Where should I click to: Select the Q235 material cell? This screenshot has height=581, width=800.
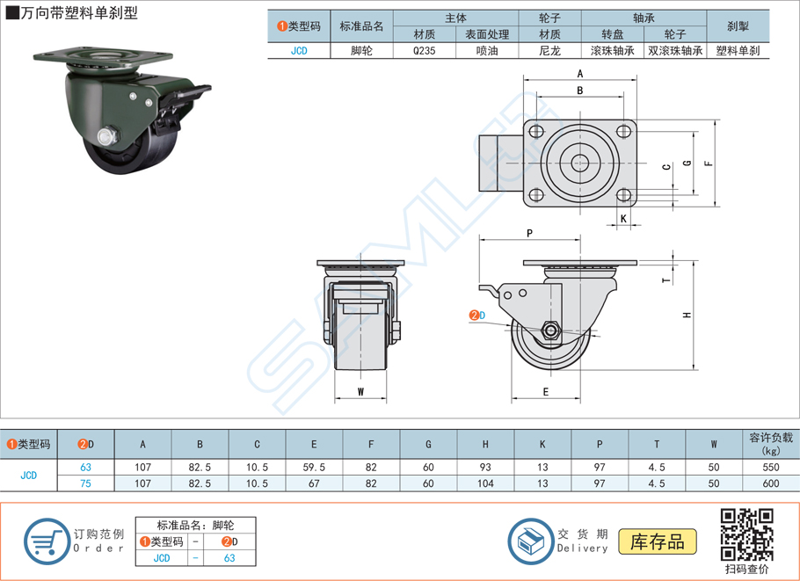pos(424,51)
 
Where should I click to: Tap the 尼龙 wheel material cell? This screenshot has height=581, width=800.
pos(549,51)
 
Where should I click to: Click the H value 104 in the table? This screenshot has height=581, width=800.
pos(485,483)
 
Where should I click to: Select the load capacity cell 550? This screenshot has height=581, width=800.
pos(771,468)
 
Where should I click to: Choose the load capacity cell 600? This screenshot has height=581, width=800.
pos(771,483)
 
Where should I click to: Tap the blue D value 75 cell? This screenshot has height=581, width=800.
pos(85,483)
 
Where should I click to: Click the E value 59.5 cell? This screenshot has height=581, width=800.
pos(314,468)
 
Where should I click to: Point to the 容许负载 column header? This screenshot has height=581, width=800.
pos(771,444)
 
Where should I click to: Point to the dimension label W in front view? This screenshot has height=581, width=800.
pos(360,391)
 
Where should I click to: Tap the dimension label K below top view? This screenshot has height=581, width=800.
pos(623,218)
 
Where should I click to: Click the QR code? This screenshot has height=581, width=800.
pos(746,534)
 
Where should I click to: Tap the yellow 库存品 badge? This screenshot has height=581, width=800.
pos(658,541)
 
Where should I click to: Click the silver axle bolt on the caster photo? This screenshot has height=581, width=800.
pos(107,136)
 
